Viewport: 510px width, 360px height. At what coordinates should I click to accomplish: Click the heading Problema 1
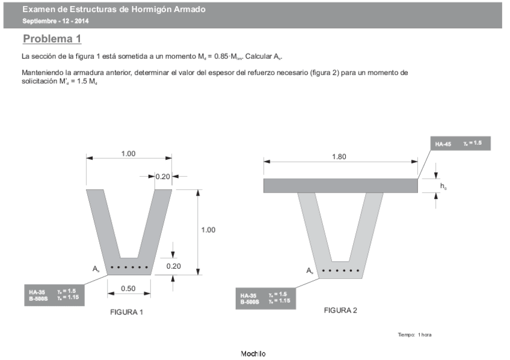click(x=52, y=39)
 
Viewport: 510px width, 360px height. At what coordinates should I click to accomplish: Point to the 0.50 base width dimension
click(x=128, y=288)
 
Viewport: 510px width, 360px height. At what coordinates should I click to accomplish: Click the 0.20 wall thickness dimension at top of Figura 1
click(x=162, y=177)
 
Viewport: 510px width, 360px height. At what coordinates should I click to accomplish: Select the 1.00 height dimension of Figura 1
click(x=208, y=230)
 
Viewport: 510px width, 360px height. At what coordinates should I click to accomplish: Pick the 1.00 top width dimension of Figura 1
click(x=128, y=154)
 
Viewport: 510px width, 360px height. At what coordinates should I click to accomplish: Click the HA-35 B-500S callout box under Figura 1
click(x=53, y=294)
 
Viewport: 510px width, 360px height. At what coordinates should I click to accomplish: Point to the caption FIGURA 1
click(x=126, y=313)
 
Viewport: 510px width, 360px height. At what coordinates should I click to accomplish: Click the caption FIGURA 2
click(x=340, y=310)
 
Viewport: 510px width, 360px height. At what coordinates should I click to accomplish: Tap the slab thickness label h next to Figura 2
click(x=443, y=187)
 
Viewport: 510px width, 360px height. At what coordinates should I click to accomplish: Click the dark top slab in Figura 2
click(x=340, y=186)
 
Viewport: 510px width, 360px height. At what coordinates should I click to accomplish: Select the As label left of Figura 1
click(x=96, y=270)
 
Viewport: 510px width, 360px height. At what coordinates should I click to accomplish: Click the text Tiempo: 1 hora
click(x=414, y=334)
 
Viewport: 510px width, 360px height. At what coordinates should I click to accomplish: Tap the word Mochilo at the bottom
click(x=253, y=353)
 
